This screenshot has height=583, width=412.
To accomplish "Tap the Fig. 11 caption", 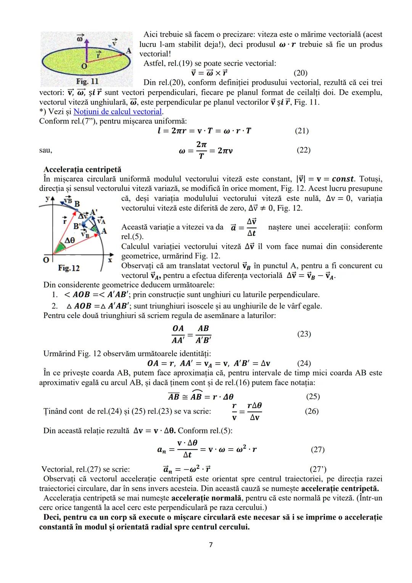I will tap(87, 81).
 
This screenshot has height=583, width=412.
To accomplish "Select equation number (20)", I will tap(301, 73).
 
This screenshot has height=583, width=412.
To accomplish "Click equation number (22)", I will tap(303, 150).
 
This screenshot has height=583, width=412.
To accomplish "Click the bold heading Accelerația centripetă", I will tap(82, 169).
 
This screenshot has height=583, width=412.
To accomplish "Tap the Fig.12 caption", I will tap(69, 268).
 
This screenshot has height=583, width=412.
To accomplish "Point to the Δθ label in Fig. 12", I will tap(69, 241).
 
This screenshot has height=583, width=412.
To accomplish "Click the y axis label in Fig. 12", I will tap(48, 199).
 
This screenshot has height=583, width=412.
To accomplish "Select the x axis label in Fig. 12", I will tap(110, 260).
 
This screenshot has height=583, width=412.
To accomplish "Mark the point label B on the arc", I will tap(77, 204).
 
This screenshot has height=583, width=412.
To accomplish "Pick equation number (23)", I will tap(304, 334).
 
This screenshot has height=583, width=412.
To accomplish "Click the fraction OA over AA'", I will tap(178, 334).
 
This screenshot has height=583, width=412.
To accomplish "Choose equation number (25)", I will tap(313, 396).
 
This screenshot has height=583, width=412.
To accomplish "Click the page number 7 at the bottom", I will tap(211, 545).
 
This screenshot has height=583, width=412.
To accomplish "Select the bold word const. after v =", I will tap(343, 179).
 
